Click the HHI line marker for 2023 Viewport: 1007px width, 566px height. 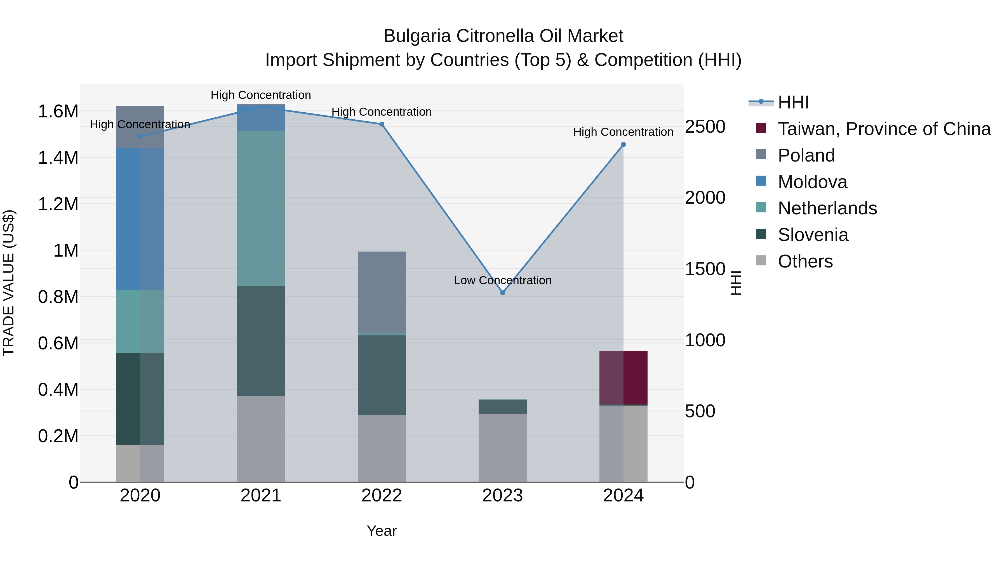click(x=503, y=293)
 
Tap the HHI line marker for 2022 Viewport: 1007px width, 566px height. click(x=382, y=124)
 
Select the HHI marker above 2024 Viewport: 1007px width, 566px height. click(x=624, y=145)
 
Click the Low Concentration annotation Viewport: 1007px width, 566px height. click(x=503, y=280)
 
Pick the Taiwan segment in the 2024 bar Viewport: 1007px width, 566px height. click(x=624, y=377)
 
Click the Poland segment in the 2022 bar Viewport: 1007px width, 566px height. click(x=382, y=292)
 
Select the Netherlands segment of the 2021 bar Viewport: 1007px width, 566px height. click(x=261, y=208)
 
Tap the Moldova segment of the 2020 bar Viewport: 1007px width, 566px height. click(x=140, y=219)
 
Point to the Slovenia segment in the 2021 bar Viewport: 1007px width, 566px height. click(x=261, y=341)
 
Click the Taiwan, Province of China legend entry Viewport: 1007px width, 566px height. click(x=884, y=129)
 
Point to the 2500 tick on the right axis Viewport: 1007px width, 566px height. click(x=705, y=127)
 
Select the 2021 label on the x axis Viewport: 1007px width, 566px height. click(x=261, y=496)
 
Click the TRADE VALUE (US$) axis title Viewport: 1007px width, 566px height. click(x=9, y=283)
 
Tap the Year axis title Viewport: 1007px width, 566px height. click(x=382, y=531)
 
